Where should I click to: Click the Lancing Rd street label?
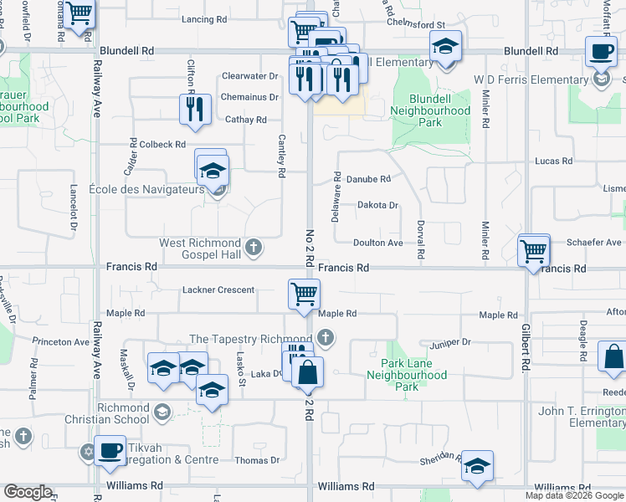(203, 18)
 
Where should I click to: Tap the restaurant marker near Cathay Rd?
(195, 110)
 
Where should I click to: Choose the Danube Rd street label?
(369, 179)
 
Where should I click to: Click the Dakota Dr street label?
(377, 205)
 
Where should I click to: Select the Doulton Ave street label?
(377, 243)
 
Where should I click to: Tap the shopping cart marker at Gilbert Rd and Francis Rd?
(534, 250)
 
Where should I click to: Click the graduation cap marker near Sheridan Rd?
(477, 467)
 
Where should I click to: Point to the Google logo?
(28, 492)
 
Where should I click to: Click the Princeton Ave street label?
(61, 342)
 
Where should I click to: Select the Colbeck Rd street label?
(163, 145)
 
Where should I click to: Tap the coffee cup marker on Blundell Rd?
(601, 53)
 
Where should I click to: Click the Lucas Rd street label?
(554, 161)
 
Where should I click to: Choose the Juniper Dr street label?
(451, 342)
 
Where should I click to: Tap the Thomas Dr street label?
(257, 460)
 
